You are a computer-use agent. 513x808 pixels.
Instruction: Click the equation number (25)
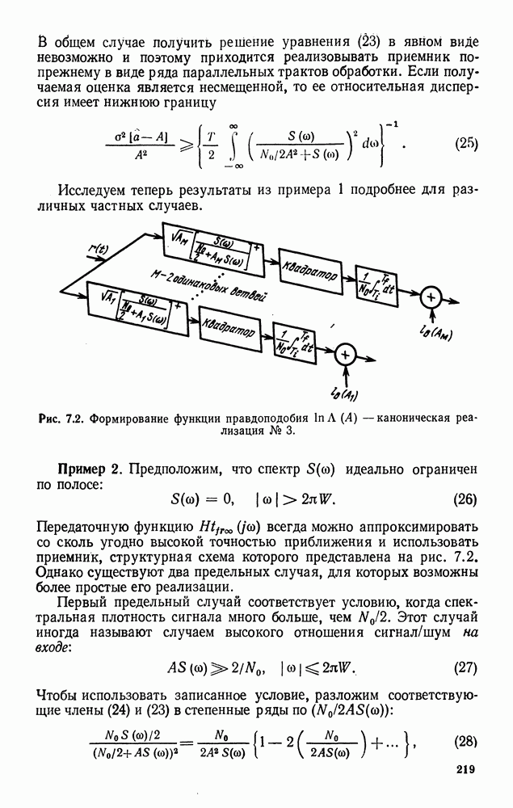click(466, 145)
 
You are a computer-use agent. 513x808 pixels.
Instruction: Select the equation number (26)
click(465, 499)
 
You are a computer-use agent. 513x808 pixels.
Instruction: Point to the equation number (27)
click(465, 668)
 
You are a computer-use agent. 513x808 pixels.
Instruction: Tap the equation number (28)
click(465, 741)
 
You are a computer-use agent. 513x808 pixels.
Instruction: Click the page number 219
click(465, 791)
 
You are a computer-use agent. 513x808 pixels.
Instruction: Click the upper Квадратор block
click(310, 274)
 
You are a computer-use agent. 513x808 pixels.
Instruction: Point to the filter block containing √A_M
click(211, 243)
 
